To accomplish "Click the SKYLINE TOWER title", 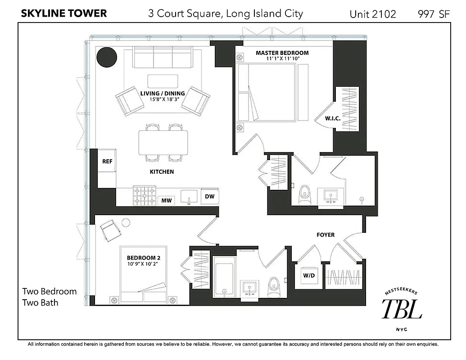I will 64,13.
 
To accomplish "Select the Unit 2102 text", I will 372,14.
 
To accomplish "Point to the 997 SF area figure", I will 434,14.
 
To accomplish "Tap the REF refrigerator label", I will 107,162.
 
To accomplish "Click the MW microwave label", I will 167,201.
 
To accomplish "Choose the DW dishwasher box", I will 209,197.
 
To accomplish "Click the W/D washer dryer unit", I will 308,275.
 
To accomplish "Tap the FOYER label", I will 326,234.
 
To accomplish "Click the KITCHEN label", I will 162,171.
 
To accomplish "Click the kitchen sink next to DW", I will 189,196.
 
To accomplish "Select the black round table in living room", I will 107,57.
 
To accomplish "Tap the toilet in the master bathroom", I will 305,194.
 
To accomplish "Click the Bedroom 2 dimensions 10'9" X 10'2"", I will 143,264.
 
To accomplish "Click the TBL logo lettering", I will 402,310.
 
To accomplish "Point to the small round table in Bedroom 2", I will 126,222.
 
